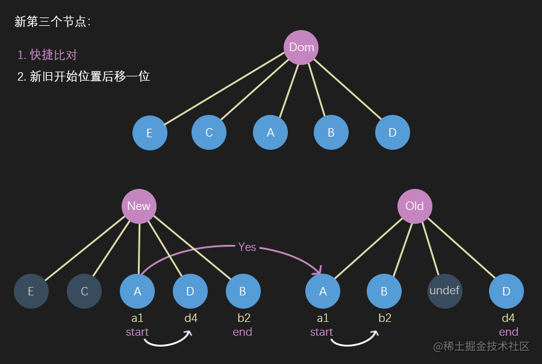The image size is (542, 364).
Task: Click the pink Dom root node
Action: [301, 48]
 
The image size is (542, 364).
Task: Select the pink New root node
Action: [139, 206]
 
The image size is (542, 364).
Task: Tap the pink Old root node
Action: [415, 206]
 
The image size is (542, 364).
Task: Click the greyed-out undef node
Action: [445, 291]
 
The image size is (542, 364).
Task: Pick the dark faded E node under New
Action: [31, 291]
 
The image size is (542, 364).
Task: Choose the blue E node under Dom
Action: [150, 133]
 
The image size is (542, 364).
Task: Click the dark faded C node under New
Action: [84, 291]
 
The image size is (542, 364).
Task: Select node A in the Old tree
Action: [323, 291]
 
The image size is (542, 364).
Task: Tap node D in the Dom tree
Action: [392, 132]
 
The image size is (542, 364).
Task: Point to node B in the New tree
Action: [243, 291]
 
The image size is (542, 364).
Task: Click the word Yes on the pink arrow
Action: [247, 247]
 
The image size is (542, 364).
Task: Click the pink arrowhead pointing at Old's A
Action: [318, 270]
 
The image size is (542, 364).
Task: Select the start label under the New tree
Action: [137, 332]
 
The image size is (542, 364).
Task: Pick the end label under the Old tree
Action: [508, 332]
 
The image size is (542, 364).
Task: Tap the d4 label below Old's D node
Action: [508, 318]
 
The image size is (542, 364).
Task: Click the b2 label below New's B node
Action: [244, 318]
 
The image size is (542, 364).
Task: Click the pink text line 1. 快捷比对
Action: [48, 55]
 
